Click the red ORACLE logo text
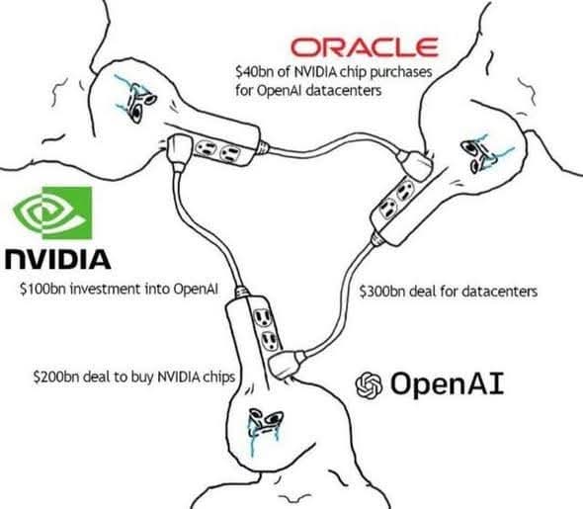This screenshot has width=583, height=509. tap(366, 46)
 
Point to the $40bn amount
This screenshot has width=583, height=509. tap(253, 71)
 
